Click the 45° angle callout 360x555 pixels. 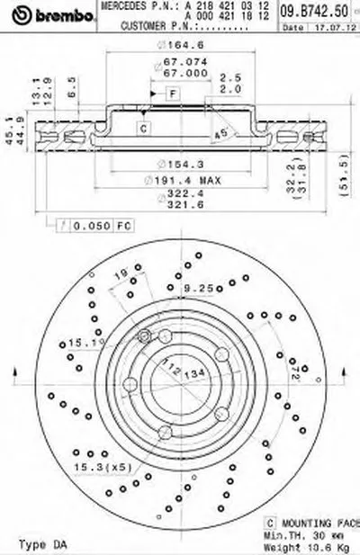tap(219, 135)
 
